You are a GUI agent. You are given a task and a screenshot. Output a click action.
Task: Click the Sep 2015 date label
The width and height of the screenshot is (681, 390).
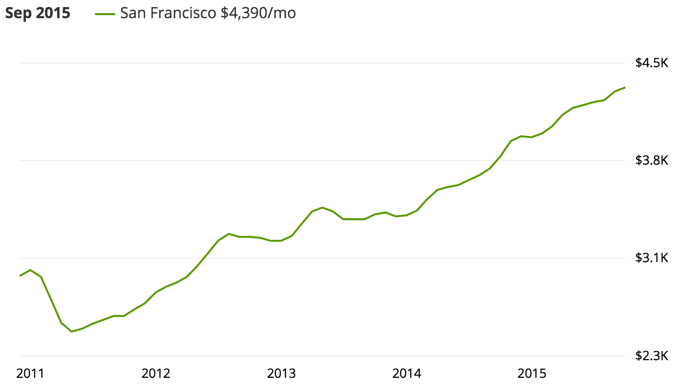[38, 14]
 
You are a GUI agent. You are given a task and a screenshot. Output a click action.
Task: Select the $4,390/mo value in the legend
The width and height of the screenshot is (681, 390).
[258, 14]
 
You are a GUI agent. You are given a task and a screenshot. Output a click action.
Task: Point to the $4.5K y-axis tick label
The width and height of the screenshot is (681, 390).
[652, 63]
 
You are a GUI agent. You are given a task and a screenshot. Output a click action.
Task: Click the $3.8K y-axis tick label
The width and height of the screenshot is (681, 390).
[652, 161]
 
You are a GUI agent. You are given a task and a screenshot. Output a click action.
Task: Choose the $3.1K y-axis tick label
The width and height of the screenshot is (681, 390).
[652, 258]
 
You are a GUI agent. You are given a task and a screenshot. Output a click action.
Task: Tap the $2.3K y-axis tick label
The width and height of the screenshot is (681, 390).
[652, 356]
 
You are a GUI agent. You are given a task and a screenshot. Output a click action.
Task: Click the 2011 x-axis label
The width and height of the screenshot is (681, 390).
[30, 374]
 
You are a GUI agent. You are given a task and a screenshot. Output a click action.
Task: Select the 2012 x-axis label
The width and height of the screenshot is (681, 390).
[156, 374]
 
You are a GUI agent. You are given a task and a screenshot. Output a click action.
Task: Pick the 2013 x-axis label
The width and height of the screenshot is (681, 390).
[281, 374]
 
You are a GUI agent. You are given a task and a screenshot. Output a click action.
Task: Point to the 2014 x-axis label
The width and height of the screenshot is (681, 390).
[407, 374]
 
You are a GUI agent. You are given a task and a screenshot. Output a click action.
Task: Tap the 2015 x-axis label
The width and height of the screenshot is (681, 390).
[532, 374]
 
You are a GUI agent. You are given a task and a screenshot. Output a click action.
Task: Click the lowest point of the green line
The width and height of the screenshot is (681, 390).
[72, 331]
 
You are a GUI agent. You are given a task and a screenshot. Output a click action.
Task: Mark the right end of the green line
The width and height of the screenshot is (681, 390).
[625, 87]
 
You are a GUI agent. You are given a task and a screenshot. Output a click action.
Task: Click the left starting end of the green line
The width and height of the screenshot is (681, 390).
[20, 275]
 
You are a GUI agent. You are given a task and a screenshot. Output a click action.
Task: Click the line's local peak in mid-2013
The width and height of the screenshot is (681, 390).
[322, 207]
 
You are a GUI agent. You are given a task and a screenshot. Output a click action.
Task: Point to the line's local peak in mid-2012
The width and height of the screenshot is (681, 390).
[229, 234]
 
